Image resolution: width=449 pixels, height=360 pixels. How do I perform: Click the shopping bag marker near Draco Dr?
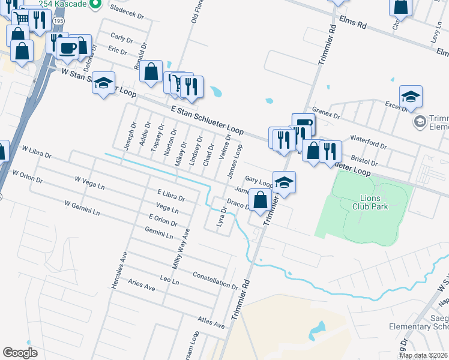tap(260, 200)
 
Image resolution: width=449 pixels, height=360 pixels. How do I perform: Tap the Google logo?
tap(20, 352)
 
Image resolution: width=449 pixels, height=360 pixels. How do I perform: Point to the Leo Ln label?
tap(170, 280)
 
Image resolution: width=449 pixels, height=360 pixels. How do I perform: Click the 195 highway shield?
tap(58, 20)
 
